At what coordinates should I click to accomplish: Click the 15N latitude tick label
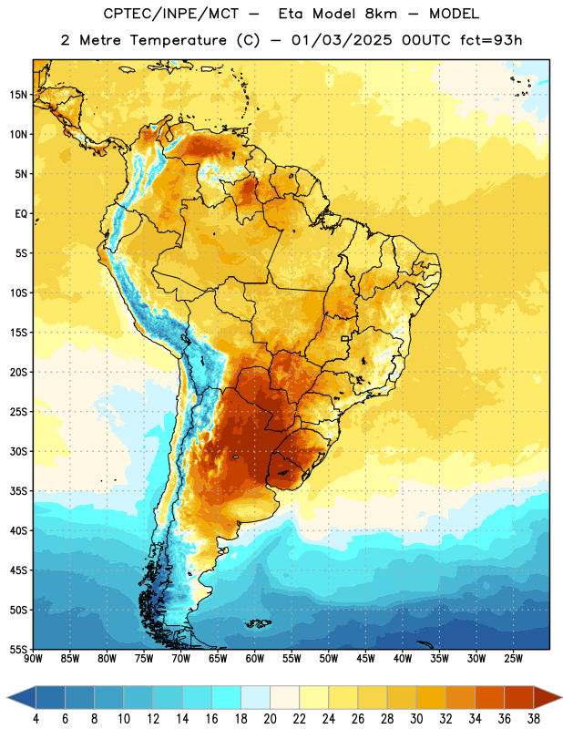pyautogui.click(x=18, y=95)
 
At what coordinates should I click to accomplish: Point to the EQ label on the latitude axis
pyautogui.click(x=21, y=214)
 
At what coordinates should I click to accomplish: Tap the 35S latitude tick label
pyautogui.click(x=18, y=491)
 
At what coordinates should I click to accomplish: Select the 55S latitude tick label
pyautogui.click(x=18, y=649)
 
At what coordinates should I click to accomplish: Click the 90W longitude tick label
pyautogui.click(x=33, y=658)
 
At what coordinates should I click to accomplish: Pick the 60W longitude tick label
pyautogui.click(x=255, y=658)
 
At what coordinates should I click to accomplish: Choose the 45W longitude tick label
pyautogui.click(x=365, y=658)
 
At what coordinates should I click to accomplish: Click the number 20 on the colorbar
pyautogui.click(x=270, y=719)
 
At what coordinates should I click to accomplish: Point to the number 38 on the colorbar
pyautogui.click(x=534, y=719)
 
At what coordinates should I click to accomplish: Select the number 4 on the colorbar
pyautogui.click(x=36, y=719)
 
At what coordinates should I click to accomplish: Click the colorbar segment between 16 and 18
pyautogui.click(x=227, y=697)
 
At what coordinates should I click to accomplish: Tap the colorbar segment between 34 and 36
pyautogui.click(x=490, y=697)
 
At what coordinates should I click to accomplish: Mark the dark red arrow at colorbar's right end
pyautogui.click(x=547, y=697)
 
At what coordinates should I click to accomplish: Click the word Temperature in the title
pyautogui.click(x=178, y=40)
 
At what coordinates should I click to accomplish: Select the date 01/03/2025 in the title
pyautogui.click(x=342, y=40)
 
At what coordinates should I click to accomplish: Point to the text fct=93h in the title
pyautogui.click(x=491, y=40)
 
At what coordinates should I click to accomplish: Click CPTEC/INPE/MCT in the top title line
pyautogui.click(x=171, y=14)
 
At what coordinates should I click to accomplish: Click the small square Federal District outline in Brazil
pyautogui.click(x=345, y=339)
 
